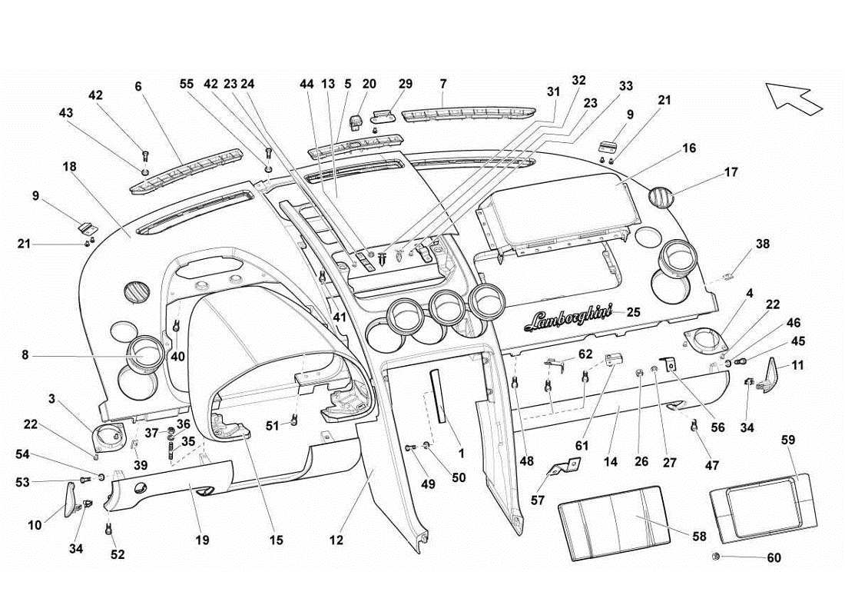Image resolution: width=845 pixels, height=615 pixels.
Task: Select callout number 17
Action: [731, 172]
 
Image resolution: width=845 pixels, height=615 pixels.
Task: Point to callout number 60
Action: [774, 558]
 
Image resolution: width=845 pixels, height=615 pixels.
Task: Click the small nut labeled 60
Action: [716, 557]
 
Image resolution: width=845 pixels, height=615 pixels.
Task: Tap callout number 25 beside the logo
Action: [633, 312]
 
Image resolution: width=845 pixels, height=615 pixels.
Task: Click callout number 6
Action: [138, 87]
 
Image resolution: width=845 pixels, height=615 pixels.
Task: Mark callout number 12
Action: [336, 541]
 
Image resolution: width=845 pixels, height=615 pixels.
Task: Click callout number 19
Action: [201, 541]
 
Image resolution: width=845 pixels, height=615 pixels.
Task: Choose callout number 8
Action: [25, 355]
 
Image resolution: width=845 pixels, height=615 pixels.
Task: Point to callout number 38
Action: [762, 244]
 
